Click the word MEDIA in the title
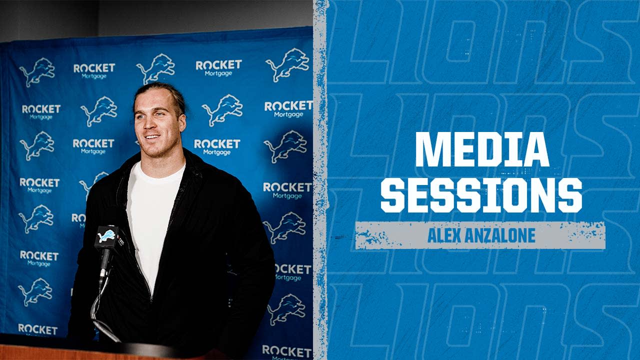[x=482, y=149]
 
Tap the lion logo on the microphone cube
[x=106, y=236]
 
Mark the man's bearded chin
[x=155, y=149]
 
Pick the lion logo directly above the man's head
[x=155, y=67]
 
